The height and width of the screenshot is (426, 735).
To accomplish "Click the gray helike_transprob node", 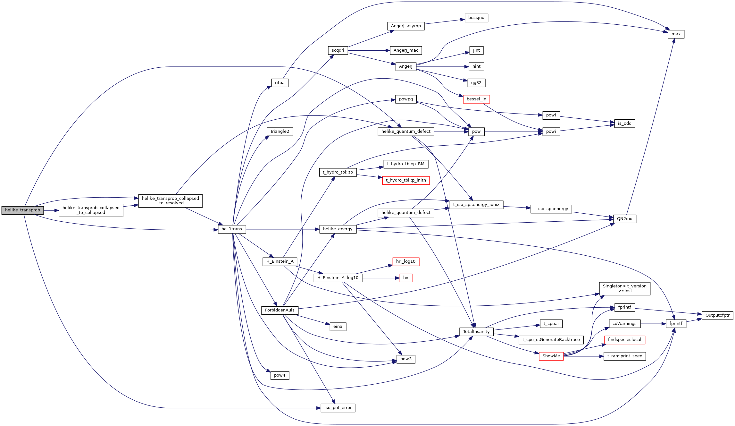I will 22,210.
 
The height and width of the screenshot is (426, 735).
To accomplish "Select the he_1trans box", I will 232,229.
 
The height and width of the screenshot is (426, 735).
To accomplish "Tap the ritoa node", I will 280,83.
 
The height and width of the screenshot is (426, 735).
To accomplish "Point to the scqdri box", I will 338,50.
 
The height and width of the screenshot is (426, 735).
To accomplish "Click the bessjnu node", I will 476,18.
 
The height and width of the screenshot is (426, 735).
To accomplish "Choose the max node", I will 676,34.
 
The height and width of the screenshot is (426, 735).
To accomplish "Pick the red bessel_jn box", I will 476,99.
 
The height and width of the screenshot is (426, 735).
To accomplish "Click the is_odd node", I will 624,124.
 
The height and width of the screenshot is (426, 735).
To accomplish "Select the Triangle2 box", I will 280,132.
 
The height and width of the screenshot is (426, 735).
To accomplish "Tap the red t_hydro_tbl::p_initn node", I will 406,180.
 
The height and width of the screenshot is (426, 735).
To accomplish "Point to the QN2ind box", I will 624,219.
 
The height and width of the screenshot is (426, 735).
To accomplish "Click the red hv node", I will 406,278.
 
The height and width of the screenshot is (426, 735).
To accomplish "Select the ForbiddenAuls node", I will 280,310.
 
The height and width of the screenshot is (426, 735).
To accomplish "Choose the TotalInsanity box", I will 476,332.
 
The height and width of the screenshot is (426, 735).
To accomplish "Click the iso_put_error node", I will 338,408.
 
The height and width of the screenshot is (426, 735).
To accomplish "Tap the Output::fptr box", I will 717,315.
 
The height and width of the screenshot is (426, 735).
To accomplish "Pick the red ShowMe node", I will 551,356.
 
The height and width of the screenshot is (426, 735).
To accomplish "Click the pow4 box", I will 280,375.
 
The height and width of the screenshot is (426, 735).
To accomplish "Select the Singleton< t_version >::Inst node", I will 624,288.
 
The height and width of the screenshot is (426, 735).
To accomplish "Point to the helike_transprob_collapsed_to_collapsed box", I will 91,210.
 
